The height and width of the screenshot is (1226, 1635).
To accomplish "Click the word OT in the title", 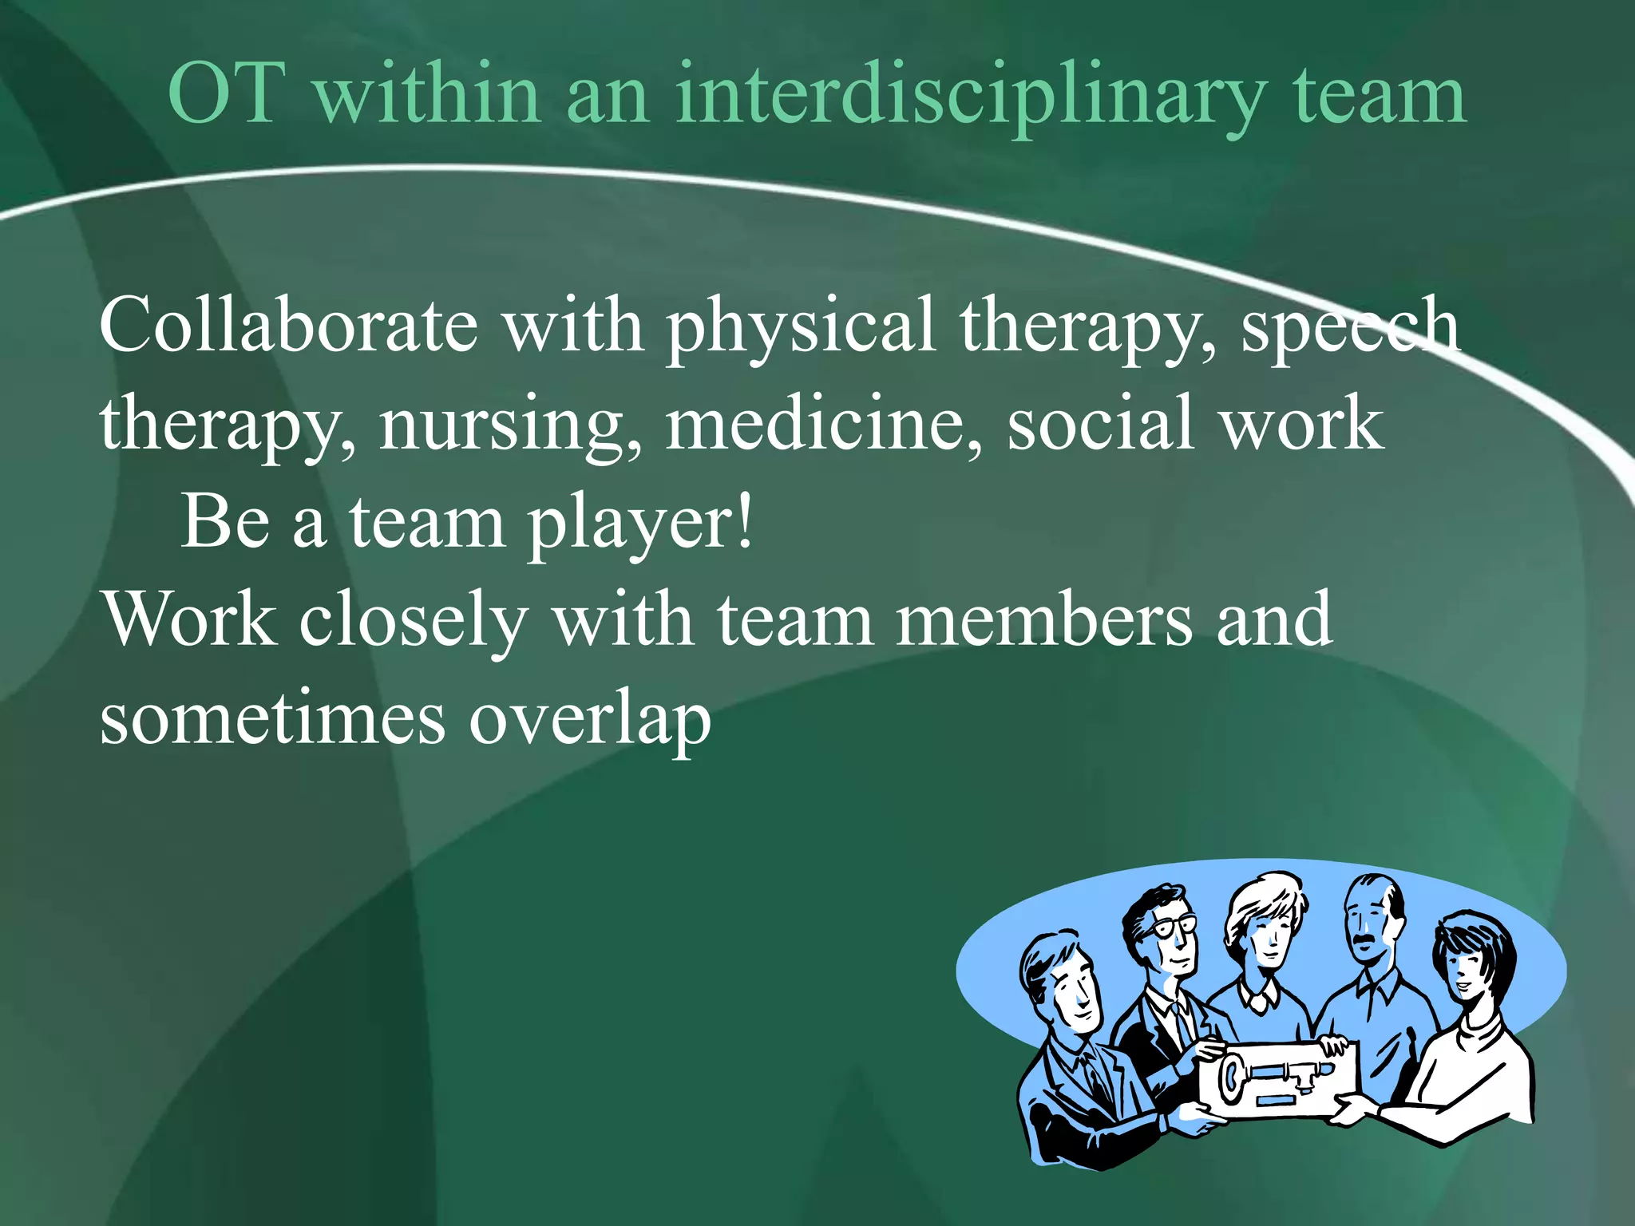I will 227,95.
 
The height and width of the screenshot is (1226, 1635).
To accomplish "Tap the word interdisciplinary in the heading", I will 970,98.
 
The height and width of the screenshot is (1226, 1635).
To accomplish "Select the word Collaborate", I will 288,325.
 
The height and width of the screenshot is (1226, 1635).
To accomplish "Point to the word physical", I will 801,327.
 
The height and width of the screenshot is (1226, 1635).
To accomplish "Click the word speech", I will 1350,327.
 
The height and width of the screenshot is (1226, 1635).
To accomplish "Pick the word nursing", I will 509,425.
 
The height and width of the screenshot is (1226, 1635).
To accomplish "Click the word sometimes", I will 272,719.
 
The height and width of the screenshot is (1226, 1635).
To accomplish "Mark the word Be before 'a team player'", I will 225,522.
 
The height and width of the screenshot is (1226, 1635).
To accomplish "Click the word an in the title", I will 607,97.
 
